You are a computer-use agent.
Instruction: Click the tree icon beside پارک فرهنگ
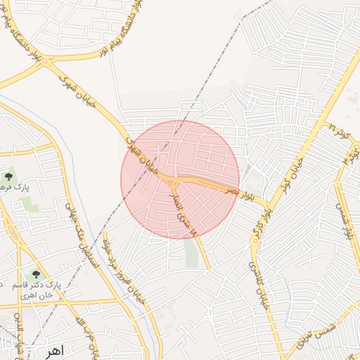click(8, 176)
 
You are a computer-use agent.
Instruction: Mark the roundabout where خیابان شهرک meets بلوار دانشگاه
click(48, 62)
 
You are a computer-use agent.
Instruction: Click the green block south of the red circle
click(191, 254)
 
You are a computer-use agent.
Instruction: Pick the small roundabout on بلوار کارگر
click(267, 207)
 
